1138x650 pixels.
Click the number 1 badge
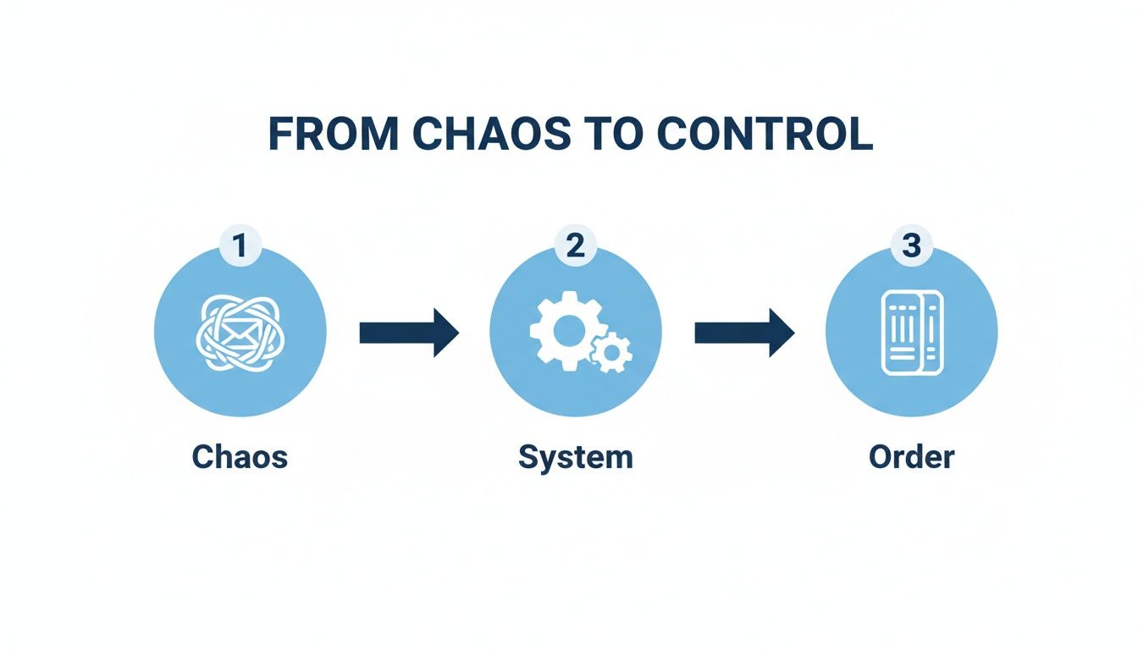click(x=240, y=246)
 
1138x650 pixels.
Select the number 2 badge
click(x=575, y=246)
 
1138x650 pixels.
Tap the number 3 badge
click(x=911, y=246)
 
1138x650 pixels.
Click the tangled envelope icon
click(x=240, y=333)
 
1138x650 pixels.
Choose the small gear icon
click(x=610, y=351)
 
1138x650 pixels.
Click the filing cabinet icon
click(x=911, y=333)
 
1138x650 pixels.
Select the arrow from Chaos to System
click(x=409, y=333)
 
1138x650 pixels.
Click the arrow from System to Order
click(x=744, y=333)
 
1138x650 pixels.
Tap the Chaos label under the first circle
click(x=240, y=457)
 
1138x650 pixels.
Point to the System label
click(x=576, y=457)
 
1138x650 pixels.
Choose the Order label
click(x=911, y=457)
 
